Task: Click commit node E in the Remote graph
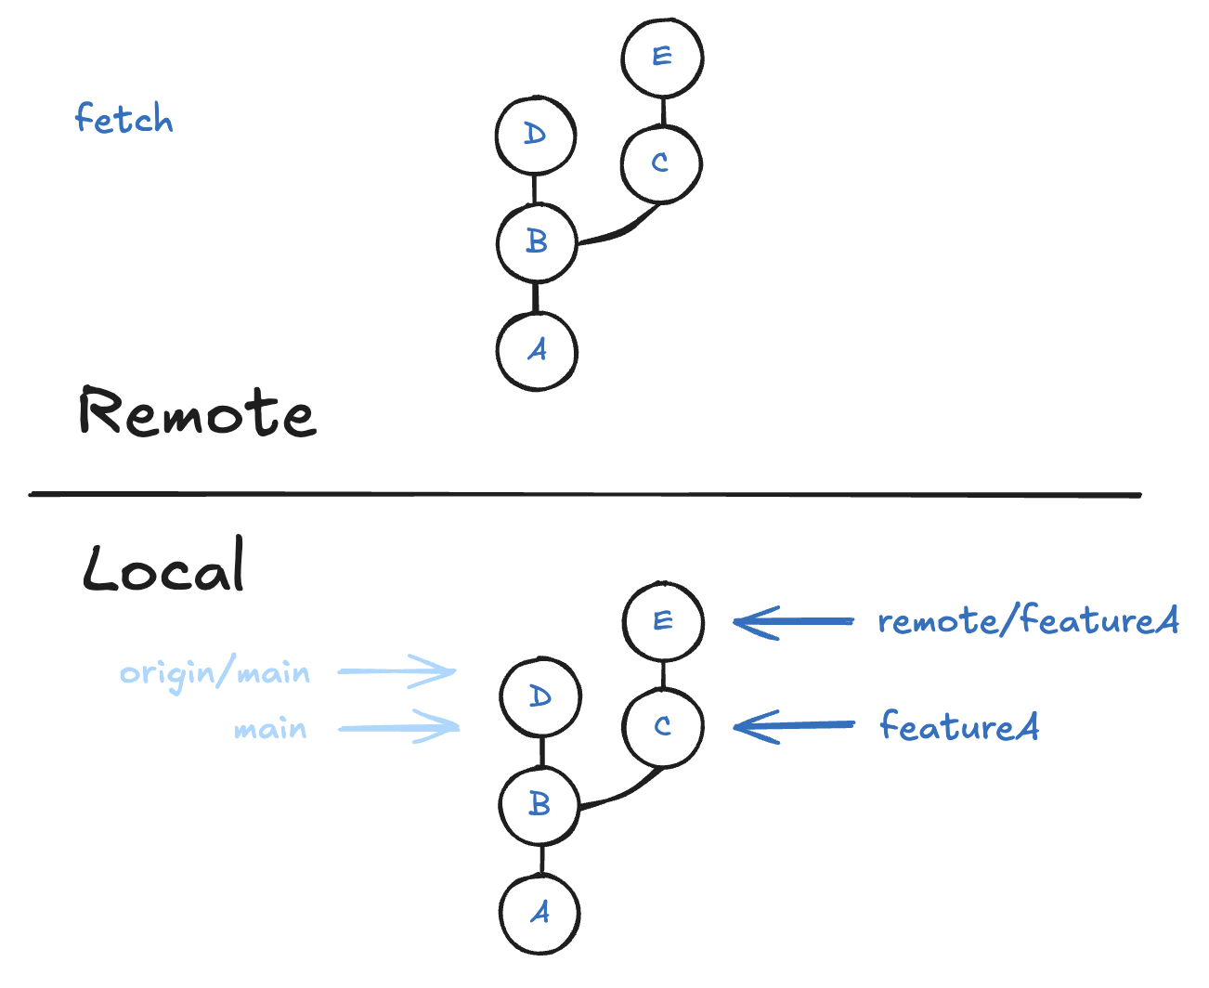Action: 662,57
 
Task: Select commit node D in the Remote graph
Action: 536,135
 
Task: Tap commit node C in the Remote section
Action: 661,163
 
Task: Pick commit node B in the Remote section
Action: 537,242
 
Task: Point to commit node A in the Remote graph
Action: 537,351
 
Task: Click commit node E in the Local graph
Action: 663,621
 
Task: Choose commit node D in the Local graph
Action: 540,697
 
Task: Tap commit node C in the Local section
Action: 663,726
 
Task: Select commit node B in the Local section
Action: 539,804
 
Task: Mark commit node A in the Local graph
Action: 539,914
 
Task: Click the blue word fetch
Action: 123,119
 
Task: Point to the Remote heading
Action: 197,412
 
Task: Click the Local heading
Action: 164,566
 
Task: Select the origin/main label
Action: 214,672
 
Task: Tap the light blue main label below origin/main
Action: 270,729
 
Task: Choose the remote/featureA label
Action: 1028,620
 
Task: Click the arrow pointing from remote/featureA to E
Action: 794,622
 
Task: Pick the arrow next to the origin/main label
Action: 396,671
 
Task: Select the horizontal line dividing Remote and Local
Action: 585,495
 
